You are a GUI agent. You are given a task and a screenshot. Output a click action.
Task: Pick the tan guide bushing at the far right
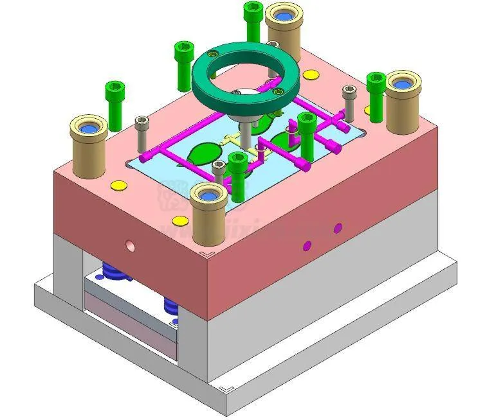coord(403,103)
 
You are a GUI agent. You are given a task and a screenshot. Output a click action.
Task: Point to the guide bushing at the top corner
coord(284,29)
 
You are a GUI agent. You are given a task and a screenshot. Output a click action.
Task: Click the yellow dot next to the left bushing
coord(118,186)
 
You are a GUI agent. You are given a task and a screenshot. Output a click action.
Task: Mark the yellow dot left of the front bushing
coord(180,221)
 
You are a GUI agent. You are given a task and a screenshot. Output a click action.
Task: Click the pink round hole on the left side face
coord(131,245)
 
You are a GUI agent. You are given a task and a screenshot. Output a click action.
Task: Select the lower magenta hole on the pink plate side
coord(307,244)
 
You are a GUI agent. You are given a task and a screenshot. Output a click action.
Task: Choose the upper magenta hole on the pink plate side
coord(337,227)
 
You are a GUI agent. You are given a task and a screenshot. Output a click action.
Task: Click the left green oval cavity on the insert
coord(202,154)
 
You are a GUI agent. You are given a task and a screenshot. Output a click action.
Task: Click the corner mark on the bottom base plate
coord(224,389)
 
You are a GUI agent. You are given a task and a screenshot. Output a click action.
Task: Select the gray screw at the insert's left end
coord(141,128)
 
